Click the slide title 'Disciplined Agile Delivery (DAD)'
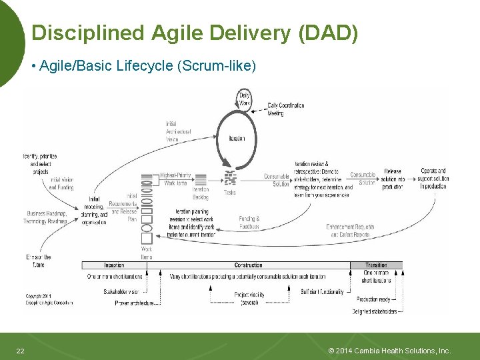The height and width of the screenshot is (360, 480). [x=195, y=33]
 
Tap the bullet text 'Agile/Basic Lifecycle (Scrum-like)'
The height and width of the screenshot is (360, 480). [x=147, y=66]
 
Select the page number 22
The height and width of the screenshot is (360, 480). [x=20, y=351]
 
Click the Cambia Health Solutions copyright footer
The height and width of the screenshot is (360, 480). [x=390, y=351]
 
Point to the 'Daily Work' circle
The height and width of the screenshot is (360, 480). [x=245, y=99]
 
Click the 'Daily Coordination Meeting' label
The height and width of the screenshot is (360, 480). [x=285, y=109]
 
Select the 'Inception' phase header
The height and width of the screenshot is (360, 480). [x=114, y=265]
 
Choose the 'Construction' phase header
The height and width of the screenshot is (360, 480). [x=248, y=265]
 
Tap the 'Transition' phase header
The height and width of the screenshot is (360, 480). [x=376, y=265]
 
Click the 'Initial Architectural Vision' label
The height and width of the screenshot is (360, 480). [x=178, y=131]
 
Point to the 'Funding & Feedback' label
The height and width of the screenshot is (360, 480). [x=249, y=222]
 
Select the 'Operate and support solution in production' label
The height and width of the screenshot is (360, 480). [x=434, y=179]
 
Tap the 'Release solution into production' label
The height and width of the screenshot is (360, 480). [x=393, y=179]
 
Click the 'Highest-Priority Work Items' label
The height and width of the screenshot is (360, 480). [x=175, y=179]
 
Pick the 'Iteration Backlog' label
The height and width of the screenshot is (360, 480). [x=201, y=193]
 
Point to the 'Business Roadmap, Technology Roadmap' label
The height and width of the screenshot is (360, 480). [x=45, y=218]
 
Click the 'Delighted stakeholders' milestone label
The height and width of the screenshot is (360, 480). [x=375, y=311]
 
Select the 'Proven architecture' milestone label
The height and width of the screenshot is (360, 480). [x=135, y=303]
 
